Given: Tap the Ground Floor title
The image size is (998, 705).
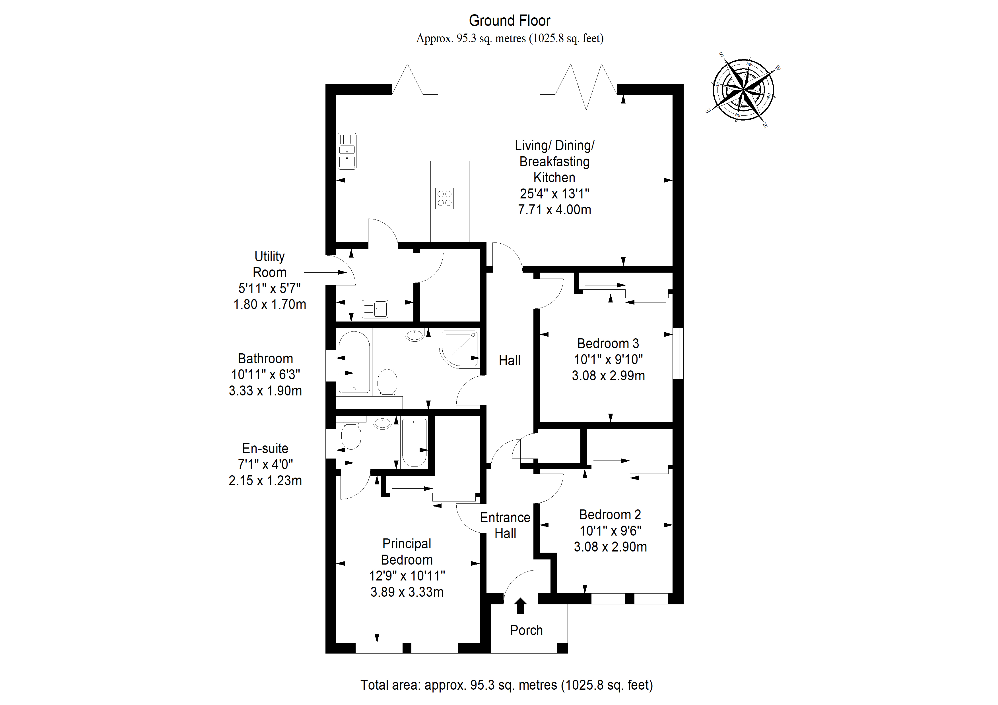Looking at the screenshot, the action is pyautogui.click(x=510, y=20).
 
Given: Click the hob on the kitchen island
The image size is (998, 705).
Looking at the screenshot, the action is pyautogui.click(x=444, y=198).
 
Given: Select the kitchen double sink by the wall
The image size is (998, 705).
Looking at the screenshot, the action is pyautogui.click(x=347, y=151).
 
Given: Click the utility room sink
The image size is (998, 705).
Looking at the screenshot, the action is pyautogui.click(x=375, y=309).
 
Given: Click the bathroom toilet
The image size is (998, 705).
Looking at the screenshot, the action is pyautogui.click(x=387, y=382).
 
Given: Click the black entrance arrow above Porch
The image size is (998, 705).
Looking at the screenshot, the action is pyautogui.click(x=520, y=606).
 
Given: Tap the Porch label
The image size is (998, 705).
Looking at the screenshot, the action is pyautogui.click(x=526, y=630).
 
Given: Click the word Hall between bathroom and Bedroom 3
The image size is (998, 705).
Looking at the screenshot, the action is pyautogui.click(x=510, y=360).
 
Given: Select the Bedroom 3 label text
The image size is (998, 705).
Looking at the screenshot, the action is pyautogui.click(x=608, y=344).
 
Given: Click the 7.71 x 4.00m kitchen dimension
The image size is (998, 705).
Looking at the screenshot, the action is pyautogui.click(x=555, y=210).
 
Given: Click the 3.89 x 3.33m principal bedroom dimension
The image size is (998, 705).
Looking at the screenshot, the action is pyautogui.click(x=407, y=592).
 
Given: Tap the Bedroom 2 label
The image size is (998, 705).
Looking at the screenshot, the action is pyautogui.click(x=610, y=515).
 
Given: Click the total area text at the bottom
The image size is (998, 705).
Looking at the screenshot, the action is pyautogui.click(x=507, y=685).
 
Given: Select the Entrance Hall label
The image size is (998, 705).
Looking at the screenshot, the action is pyautogui.click(x=505, y=525).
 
